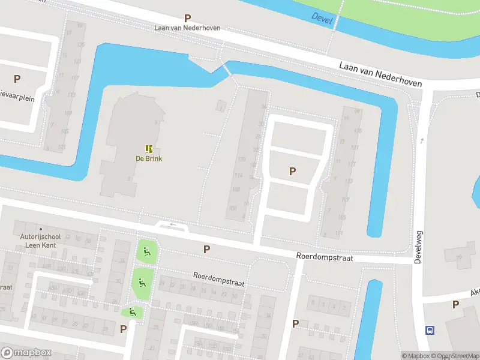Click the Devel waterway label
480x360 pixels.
[x=322, y=17]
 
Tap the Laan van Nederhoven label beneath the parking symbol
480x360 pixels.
[x=187, y=28]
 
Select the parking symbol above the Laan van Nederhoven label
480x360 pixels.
[x=187, y=19]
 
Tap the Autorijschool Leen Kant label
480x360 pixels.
[x=40, y=241]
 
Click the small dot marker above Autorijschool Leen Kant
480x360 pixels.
[x=41, y=229]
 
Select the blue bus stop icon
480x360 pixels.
[x=430, y=330]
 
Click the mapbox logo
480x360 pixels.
[x=26, y=353]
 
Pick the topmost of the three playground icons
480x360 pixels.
[x=146, y=250]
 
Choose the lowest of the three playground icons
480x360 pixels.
[x=132, y=311]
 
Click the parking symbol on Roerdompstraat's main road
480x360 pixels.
[x=206, y=249]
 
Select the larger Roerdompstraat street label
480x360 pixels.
[x=324, y=257]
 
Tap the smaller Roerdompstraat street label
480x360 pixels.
[x=218, y=279]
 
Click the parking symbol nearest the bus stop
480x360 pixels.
[x=455, y=304]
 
